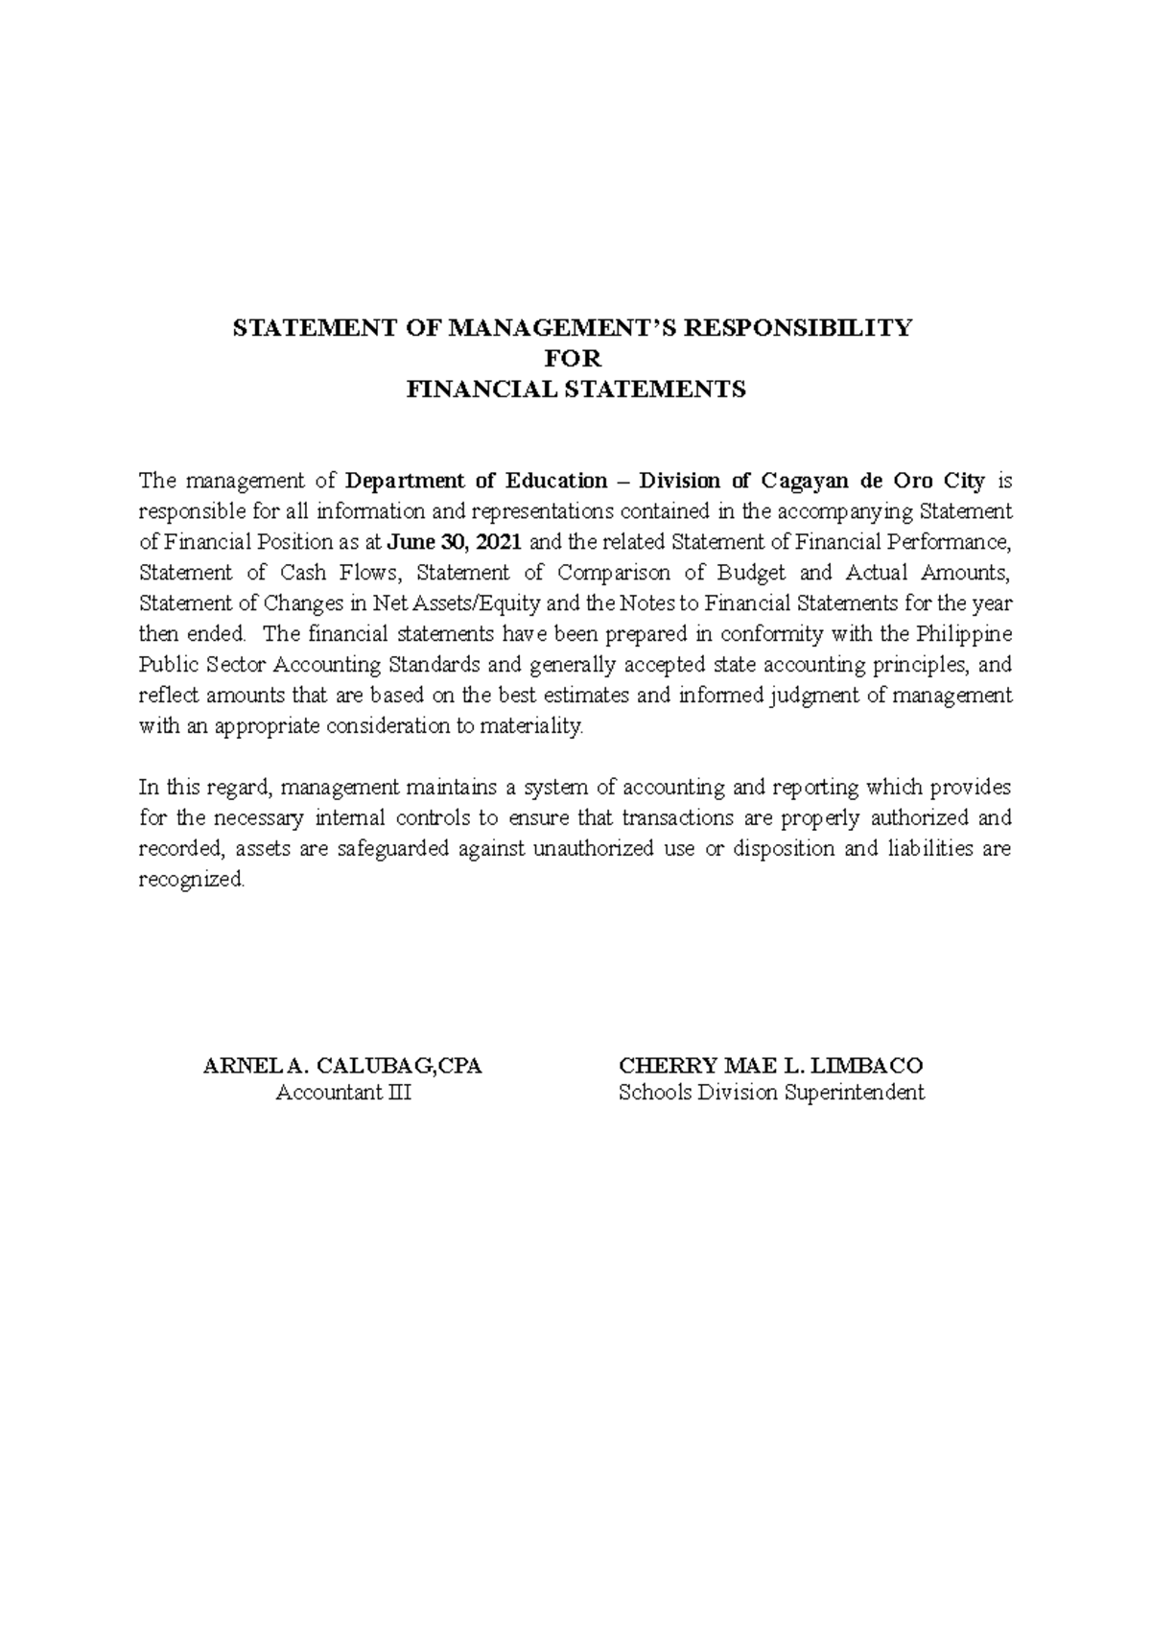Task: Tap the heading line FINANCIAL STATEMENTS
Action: point(575,390)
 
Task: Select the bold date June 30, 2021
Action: point(455,542)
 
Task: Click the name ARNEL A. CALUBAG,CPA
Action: point(342,1066)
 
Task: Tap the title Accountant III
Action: point(342,1093)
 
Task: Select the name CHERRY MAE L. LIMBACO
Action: point(771,1066)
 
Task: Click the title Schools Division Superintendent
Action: point(771,1093)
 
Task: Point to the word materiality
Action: point(536,726)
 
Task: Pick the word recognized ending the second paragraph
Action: point(192,880)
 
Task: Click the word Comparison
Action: point(600,573)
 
